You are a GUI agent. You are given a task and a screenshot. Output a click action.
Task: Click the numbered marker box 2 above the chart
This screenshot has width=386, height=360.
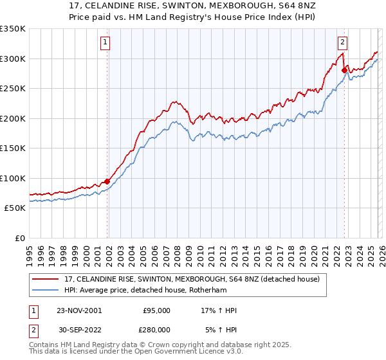pos(343,43)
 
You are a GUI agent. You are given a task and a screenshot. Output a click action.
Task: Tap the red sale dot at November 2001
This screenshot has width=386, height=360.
pos(107,181)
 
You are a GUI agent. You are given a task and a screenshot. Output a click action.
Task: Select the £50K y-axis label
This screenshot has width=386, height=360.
pos(15,208)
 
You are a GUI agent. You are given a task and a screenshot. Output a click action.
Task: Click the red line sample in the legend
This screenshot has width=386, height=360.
pos(46,278)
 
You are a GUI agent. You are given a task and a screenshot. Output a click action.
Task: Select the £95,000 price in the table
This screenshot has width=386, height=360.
pos(156,310)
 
